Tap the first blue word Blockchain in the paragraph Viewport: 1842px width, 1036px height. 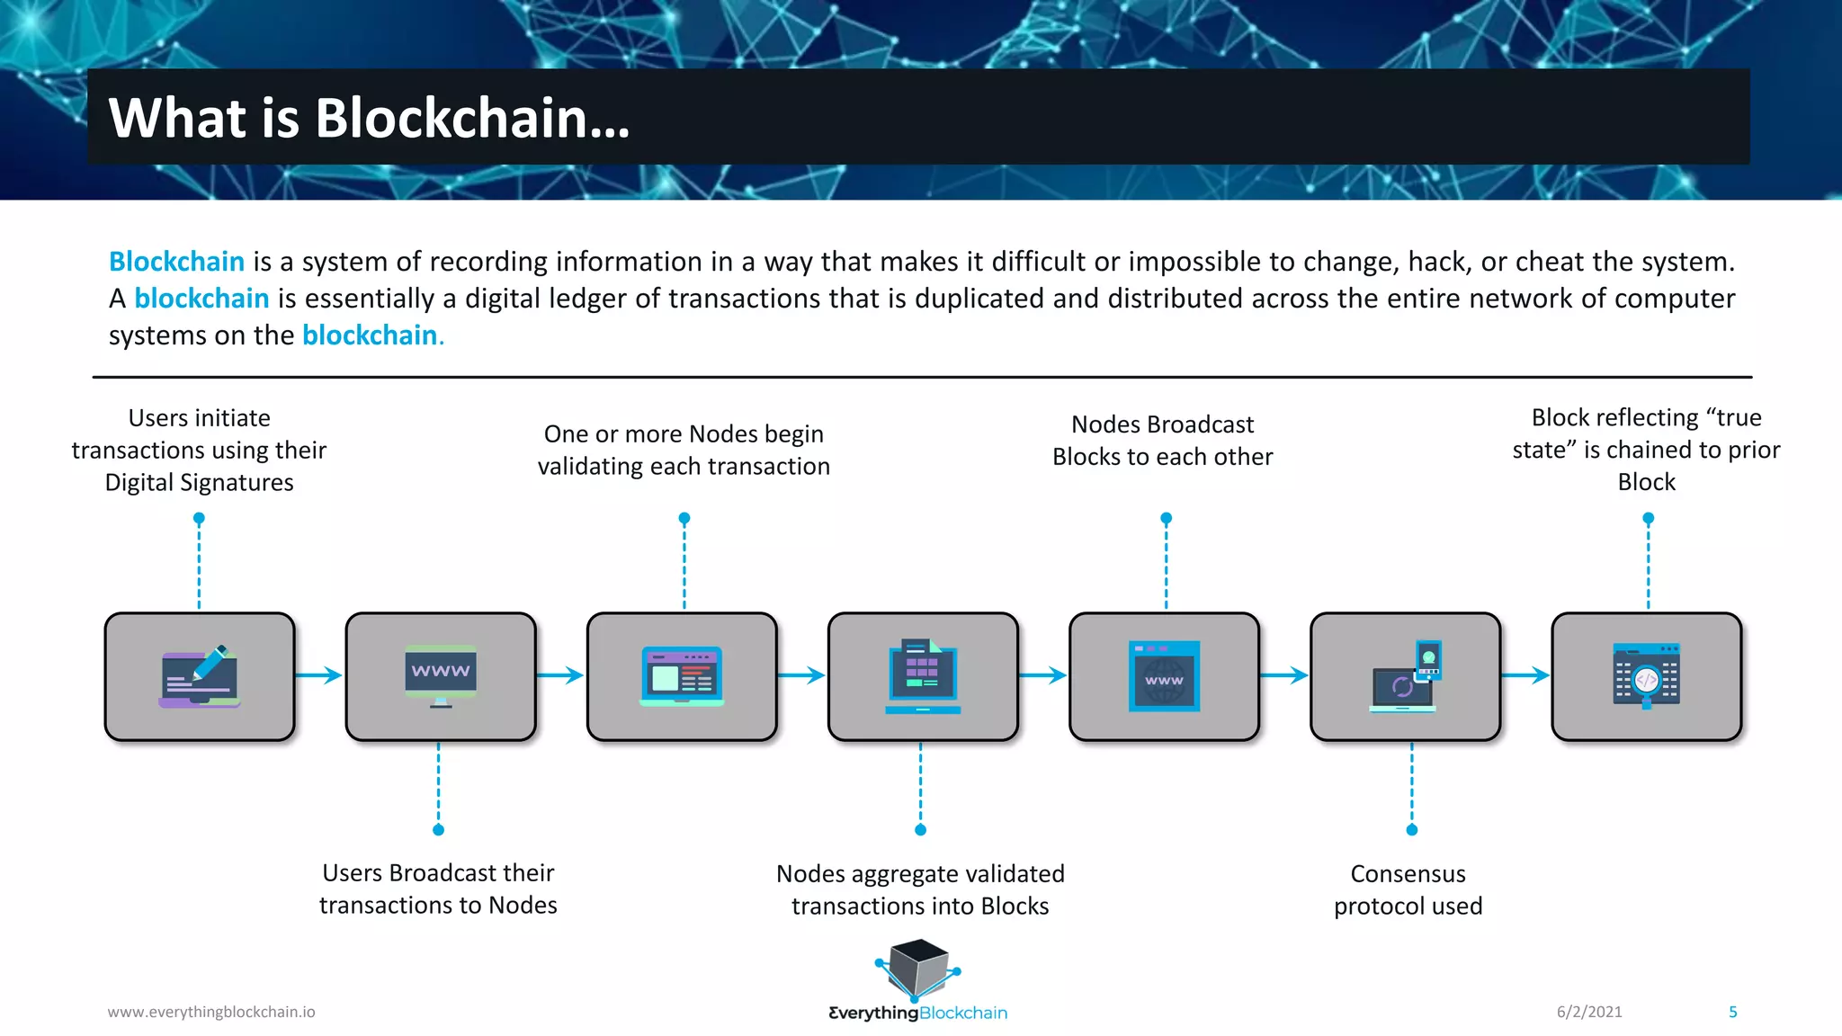pos(176,262)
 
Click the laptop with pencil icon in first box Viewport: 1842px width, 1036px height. pos(200,676)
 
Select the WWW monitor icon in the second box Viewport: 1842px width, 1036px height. pos(441,675)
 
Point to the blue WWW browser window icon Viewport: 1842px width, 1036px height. pos(1164,676)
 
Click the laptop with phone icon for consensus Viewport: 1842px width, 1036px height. pos(1406,676)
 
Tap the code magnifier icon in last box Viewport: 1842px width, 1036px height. pos(1646,676)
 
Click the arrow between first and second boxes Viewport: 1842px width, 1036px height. pos(319,675)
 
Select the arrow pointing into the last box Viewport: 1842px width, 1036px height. pos(1525,675)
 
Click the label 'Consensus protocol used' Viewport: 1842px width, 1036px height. pos(1408,889)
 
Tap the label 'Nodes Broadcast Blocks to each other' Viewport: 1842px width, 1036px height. pos(1162,441)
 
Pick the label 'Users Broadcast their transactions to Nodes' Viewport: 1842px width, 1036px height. pos(438,889)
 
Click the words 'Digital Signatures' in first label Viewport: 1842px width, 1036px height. pos(199,483)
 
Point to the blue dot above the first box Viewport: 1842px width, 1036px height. pos(199,518)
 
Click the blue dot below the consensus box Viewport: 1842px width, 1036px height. pos(1411,829)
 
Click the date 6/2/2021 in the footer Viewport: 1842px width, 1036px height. pos(1589,1012)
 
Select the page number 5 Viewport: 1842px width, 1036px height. pos(1732,1012)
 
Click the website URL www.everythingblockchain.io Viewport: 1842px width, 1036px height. pos(211,1012)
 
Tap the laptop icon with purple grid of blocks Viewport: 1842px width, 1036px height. pos(923,676)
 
